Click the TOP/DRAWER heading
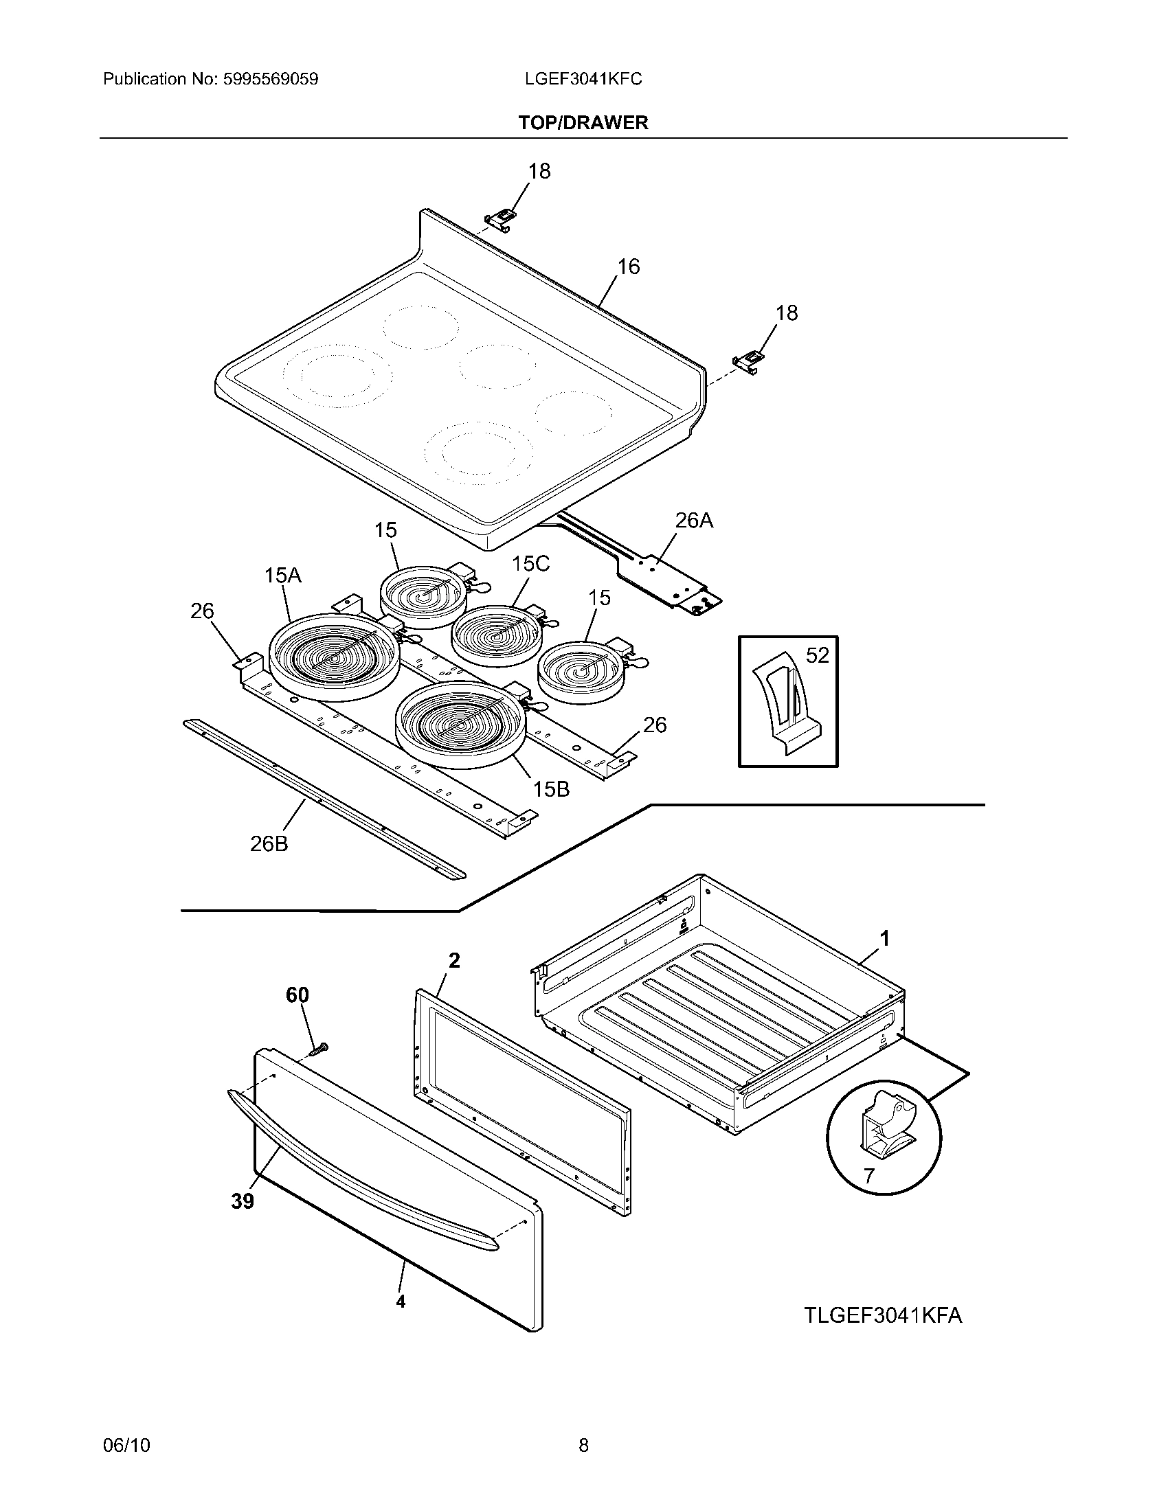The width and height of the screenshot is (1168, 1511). click(x=583, y=122)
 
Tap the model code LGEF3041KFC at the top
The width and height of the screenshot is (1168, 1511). click(x=583, y=79)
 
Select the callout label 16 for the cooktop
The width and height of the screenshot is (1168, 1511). click(x=628, y=266)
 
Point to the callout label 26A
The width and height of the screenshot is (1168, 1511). click(x=693, y=521)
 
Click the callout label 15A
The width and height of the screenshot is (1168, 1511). click(x=282, y=575)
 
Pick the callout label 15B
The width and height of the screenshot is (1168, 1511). click(x=551, y=788)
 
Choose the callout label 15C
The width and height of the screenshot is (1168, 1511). click(x=530, y=564)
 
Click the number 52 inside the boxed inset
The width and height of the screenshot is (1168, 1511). click(x=817, y=655)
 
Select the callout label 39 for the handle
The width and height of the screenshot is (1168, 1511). click(x=242, y=1202)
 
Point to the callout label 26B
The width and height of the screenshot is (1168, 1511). click(x=269, y=843)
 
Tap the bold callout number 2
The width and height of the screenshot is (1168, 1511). click(x=454, y=960)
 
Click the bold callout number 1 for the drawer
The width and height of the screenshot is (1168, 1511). click(x=884, y=939)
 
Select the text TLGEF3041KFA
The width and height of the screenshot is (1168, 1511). click(x=883, y=1315)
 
